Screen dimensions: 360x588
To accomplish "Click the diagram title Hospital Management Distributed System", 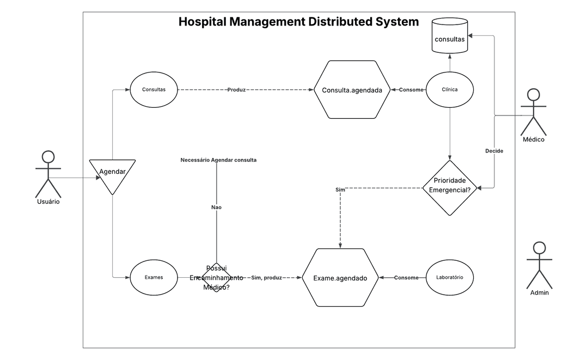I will click(298, 22).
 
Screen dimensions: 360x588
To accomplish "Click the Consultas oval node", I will click(154, 89).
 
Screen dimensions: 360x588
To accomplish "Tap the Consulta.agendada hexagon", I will click(352, 90).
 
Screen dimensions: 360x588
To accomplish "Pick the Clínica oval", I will click(450, 89).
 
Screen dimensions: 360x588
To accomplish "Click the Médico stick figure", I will click(533, 113).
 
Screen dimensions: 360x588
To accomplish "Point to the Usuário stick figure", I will click(48, 174).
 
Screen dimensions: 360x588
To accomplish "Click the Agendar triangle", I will click(112, 174).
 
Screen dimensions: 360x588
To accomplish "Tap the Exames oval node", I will click(154, 277).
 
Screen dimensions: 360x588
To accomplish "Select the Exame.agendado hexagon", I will click(340, 278).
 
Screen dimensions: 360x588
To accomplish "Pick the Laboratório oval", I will click(450, 277).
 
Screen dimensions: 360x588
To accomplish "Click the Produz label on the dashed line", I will click(237, 89).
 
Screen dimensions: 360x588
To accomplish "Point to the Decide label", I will click(494, 151).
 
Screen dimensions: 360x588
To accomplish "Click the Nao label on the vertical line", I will click(217, 207).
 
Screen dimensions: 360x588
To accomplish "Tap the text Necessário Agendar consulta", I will click(218, 160).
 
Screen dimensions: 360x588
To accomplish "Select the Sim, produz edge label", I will click(266, 278).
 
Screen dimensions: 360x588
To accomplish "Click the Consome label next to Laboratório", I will click(406, 278).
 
